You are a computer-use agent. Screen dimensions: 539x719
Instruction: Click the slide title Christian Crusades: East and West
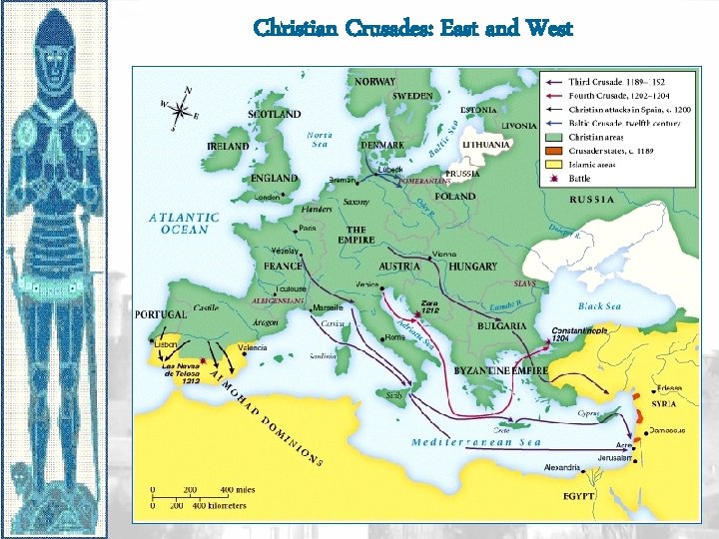412,28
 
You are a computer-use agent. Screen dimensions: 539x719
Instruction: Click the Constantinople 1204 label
578,334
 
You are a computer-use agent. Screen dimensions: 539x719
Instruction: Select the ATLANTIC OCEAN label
185,223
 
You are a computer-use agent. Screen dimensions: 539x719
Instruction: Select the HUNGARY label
473,268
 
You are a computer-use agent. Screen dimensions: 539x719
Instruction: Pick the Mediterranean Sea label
476,442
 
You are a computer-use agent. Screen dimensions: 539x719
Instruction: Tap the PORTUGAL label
161,314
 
